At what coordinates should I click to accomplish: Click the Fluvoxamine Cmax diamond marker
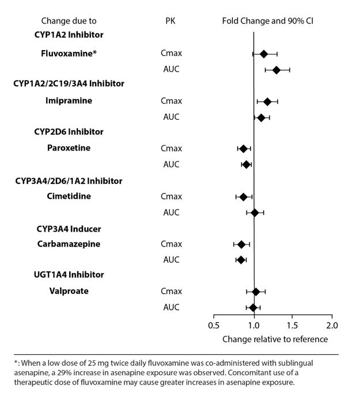(264, 54)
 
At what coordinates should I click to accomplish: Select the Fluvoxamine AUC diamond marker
(276, 70)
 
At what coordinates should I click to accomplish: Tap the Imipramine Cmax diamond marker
(267, 101)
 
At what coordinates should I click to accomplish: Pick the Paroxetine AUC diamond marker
(247, 164)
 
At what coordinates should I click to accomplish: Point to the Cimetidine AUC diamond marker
(255, 213)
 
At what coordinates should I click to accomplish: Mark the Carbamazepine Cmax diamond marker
(241, 244)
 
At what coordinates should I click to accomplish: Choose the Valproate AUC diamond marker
(253, 307)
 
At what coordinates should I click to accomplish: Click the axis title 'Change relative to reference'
(272, 339)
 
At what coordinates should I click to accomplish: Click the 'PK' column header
(170, 21)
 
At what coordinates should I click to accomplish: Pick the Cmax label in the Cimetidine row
(172, 197)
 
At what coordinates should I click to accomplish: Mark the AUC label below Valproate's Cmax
(172, 307)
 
